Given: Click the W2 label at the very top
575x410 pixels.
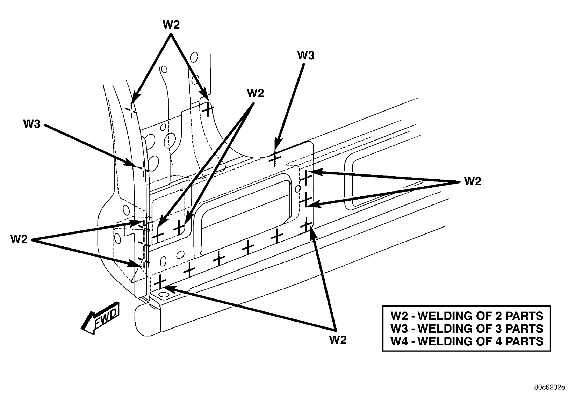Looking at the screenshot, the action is click(171, 25).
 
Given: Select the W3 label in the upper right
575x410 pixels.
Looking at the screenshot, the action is click(306, 55).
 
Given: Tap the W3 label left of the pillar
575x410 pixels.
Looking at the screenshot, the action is click(32, 124).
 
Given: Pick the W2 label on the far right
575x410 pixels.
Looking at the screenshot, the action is click(473, 181).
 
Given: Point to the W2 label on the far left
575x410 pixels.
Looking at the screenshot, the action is click(19, 239).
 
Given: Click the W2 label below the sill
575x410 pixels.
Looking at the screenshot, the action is click(338, 340).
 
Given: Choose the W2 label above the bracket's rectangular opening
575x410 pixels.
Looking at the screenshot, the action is click(255, 93).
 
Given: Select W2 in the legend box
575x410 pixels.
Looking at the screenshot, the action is click(399, 316).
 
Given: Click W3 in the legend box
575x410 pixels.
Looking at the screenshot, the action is click(399, 328).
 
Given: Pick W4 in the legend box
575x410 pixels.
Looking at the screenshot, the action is click(399, 341).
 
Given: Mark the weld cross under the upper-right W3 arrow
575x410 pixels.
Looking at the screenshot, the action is click(275, 158).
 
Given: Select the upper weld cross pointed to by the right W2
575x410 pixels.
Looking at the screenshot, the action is click(306, 178).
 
